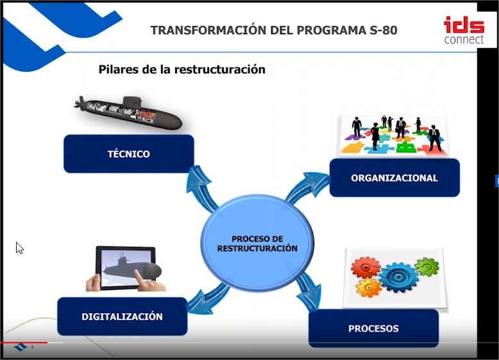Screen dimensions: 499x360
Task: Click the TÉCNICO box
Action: pyautogui.click(x=128, y=154)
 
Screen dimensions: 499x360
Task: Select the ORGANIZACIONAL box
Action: pyautogui.click(x=394, y=178)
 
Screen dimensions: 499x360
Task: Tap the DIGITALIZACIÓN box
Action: pyautogui.click(x=123, y=316)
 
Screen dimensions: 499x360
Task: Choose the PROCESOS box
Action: pyautogui.click(x=374, y=328)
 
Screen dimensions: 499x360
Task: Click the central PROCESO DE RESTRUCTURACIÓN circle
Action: pyautogui.click(x=257, y=243)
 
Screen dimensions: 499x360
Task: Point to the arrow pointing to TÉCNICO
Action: pyautogui.click(x=201, y=189)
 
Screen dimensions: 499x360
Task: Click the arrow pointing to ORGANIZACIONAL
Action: pyautogui.click(x=307, y=188)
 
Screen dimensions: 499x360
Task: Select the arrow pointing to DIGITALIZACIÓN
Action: pyautogui.click(x=207, y=299)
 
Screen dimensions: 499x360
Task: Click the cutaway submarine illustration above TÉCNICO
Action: pyautogui.click(x=128, y=113)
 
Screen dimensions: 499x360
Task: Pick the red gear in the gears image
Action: pyautogui.click(x=366, y=268)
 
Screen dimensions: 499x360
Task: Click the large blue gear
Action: pyautogui.click(x=398, y=278)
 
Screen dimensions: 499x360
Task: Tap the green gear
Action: pyautogui.click(x=427, y=267)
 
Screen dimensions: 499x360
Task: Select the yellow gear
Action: pyautogui.click(x=369, y=287)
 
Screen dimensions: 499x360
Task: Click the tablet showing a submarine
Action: pyautogui.click(x=125, y=268)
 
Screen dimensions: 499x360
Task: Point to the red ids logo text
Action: pyautogui.click(x=464, y=25)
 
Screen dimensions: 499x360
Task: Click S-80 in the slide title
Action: pyautogui.click(x=384, y=30)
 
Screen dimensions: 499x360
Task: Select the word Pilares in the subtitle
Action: pyautogui.click(x=119, y=69)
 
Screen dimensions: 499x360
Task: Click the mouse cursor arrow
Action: pyautogui.click(x=20, y=248)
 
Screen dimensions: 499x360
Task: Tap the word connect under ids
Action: pyautogui.click(x=464, y=40)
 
